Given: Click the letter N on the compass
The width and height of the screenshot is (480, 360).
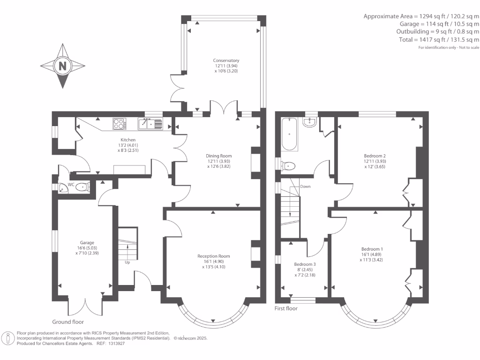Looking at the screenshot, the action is tap(62, 66).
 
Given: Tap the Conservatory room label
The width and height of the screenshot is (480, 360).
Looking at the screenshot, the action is tap(226, 60).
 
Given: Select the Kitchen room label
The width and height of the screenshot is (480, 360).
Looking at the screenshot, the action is tap(128, 140).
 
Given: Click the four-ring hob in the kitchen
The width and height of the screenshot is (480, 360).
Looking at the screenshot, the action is tap(120, 124).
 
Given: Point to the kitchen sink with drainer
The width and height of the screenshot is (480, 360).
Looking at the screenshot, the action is tap(150, 124).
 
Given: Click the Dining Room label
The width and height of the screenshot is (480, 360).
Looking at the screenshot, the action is tap(218, 156).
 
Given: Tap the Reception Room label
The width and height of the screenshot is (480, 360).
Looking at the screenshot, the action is tap(213, 256).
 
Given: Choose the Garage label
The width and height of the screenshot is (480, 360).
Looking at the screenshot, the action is tap(87, 242).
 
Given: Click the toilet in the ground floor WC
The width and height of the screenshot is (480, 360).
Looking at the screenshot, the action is tap(82, 187).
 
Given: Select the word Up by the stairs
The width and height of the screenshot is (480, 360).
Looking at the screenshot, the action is tap(127, 262).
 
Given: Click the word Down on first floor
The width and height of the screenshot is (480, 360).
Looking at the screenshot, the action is tap(305, 187).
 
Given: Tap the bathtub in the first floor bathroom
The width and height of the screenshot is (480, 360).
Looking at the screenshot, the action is tap(289, 134).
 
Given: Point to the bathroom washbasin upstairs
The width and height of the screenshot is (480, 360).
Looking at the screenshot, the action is tap(310, 122).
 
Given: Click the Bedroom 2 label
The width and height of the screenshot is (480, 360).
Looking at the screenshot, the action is tap(375, 156).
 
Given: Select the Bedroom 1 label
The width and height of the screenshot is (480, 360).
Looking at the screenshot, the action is tap(372, 249).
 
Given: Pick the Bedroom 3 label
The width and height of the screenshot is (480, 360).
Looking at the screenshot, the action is tap(305, 264).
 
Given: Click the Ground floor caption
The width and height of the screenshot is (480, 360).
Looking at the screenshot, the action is tap(68, 322).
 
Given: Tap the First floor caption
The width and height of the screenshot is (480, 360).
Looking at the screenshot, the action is tap(286, 308).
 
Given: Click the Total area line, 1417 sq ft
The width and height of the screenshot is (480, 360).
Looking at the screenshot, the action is tap(439, 39).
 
